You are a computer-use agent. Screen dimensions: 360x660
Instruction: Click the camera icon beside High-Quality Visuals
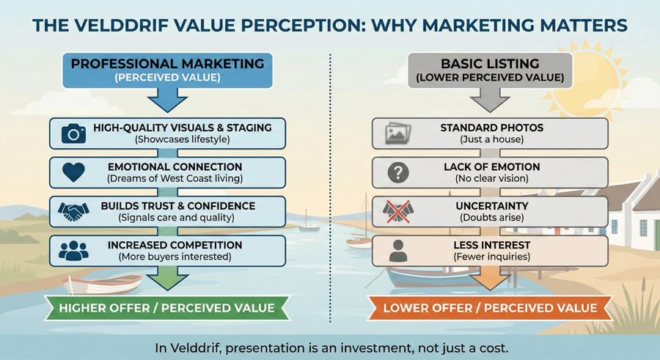(73, 133)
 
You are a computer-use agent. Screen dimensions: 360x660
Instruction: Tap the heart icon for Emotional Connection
(73, 173)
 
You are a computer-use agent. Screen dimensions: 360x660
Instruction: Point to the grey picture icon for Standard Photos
(398, 133)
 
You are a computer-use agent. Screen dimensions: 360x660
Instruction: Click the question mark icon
(398, 173)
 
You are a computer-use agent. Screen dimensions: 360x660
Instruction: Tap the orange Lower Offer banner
(490, 308)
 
